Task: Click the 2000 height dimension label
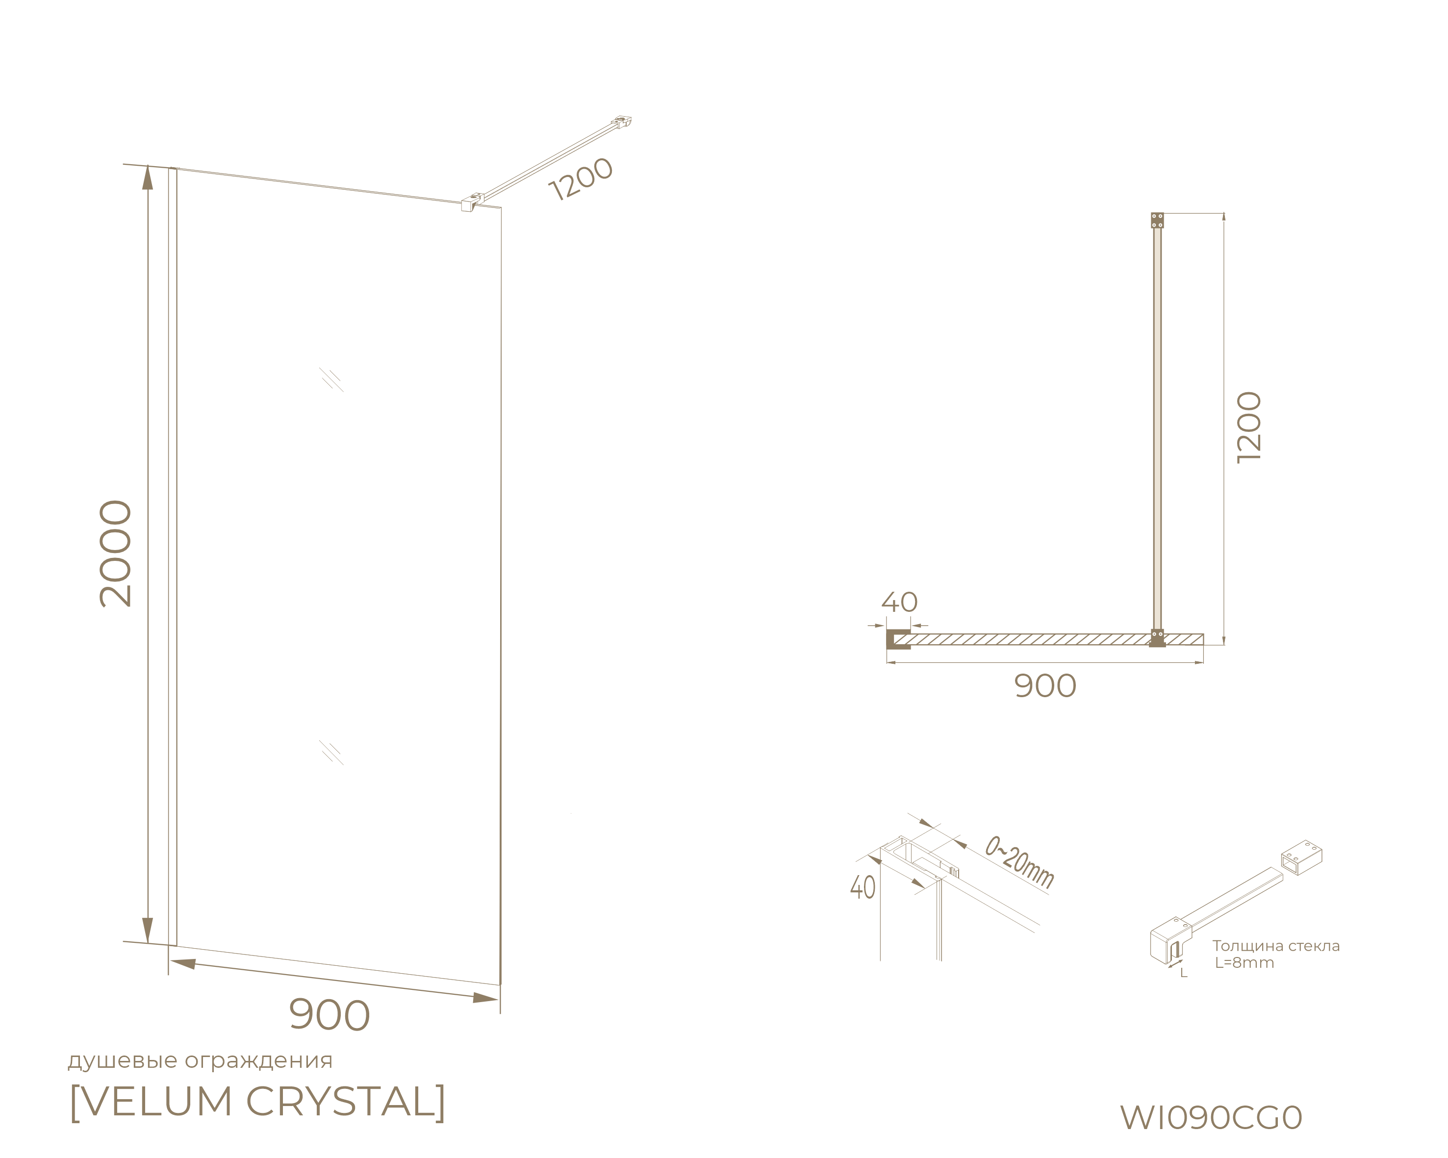click(116, 554)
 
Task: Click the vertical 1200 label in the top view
click(1250, 427)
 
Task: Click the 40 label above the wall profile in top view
click(899, 602)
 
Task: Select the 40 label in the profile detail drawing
click(863, 887)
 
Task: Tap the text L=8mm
click(1244, 963)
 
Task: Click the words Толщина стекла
click(1276, 946)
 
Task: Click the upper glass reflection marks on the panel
click(331, 380)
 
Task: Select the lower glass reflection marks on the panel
click(331, 753)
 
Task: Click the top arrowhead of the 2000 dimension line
click(148, 176)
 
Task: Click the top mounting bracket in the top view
click(1157, 220)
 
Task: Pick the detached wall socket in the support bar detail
click(1301, 857)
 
